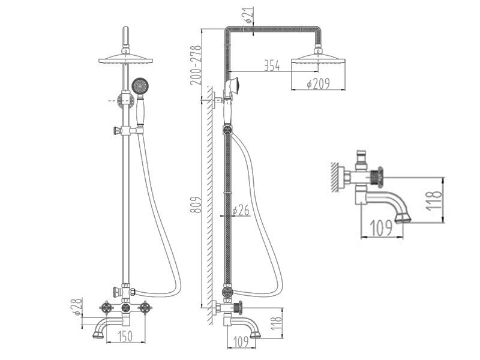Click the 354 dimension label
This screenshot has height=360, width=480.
coord(272,65)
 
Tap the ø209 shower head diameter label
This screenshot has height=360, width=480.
coord(319,83)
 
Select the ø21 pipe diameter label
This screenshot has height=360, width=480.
coord(248,16)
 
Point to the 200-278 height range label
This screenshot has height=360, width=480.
coord(196,65)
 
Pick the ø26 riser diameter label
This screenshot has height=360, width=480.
coord(241,211)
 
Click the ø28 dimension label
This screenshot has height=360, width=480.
coord(77,307)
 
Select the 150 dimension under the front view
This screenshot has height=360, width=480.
coord(125,336)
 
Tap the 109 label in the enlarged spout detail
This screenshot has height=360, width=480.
coord(381,227)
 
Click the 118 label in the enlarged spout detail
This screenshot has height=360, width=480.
coord(434,200)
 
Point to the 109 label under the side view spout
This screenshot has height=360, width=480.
coord(241,341)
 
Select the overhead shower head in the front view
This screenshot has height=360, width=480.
coord(126,59)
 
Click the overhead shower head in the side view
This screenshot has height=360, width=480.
coord(319,59)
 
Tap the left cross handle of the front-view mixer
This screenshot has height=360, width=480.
coord(107,308)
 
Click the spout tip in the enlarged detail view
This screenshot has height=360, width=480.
coord(403,218)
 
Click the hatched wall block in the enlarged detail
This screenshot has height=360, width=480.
coord(335,177)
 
